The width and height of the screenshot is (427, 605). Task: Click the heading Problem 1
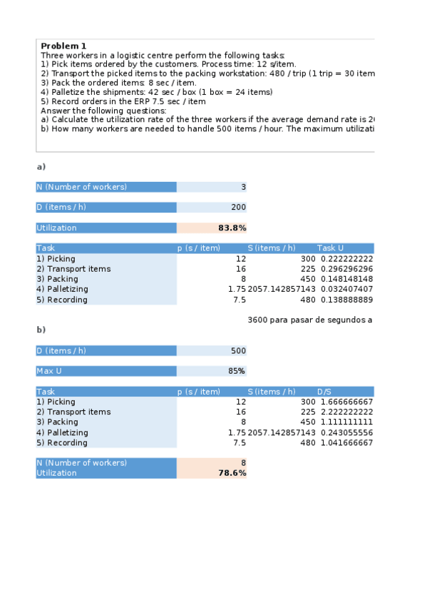63,46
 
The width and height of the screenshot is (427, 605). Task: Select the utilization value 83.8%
232,228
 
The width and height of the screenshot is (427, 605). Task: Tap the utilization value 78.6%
232,473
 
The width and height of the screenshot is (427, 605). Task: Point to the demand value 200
238,208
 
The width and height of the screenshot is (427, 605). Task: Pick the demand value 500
238,351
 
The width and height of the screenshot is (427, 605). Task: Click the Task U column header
331,248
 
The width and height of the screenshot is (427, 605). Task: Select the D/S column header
325,392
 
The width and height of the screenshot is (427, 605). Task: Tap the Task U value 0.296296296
346,269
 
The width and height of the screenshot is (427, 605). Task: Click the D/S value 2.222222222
346,412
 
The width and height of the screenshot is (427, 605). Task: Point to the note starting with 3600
309,320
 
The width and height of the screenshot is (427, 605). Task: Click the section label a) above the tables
41,167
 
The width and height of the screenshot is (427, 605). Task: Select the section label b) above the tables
41,330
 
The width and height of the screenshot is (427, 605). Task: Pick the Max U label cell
106,371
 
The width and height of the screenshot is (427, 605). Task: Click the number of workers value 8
243,463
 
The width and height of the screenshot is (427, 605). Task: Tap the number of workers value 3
243,188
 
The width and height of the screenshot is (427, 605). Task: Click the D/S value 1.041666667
346,443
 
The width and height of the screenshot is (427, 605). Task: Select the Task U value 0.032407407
346,290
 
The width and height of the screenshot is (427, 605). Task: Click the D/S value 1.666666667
346,402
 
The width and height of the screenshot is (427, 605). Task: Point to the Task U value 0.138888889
346,300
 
